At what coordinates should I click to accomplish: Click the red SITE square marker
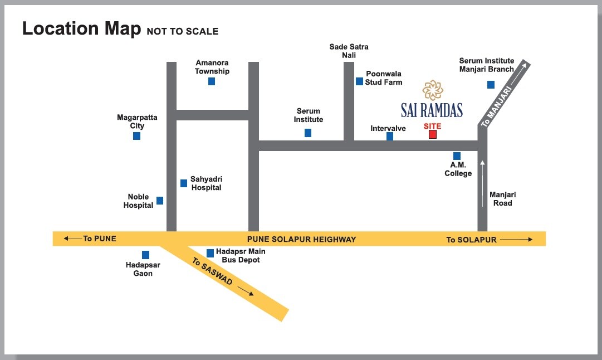[432, 134]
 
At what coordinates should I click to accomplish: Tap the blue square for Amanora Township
[212, 81]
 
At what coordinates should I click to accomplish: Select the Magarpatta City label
[137, 121]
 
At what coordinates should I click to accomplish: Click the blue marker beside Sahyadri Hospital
[184, 183]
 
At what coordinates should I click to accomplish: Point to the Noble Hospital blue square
[160, 201]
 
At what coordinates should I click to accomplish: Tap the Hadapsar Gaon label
[143, 269]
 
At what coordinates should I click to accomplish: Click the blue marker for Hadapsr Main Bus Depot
[210, 253]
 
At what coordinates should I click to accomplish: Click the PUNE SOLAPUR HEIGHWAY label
[301, 239]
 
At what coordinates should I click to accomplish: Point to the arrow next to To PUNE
[72, 239]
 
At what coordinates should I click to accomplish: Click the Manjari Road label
[502, 199]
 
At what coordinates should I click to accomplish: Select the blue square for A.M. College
[457, 156]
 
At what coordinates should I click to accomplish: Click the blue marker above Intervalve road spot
[390, 136]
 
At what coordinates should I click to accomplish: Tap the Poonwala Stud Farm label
[383, 78]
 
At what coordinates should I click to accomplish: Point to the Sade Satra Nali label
[349, 51]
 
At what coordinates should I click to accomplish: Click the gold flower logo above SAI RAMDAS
[432, 90]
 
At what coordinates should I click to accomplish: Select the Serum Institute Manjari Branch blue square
[491, 85]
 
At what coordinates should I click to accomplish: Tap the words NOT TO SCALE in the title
[183, 31]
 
